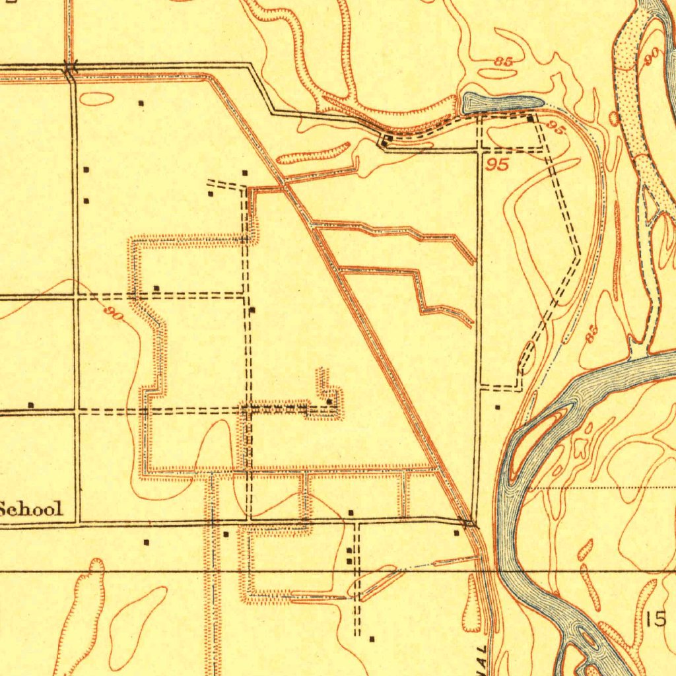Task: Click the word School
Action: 32,509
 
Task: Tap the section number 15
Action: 656,619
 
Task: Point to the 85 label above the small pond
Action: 504,61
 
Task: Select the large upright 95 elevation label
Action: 497,164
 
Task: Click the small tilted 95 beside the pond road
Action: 557,129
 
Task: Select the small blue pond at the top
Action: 502,102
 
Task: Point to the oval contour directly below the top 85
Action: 496,74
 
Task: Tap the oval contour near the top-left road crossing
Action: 96,100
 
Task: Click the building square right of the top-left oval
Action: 140,103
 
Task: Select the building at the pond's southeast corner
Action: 531,118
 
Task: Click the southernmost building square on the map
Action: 371,638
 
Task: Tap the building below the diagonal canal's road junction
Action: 456,532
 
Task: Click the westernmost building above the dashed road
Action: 30,405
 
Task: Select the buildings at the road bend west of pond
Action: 387,139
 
